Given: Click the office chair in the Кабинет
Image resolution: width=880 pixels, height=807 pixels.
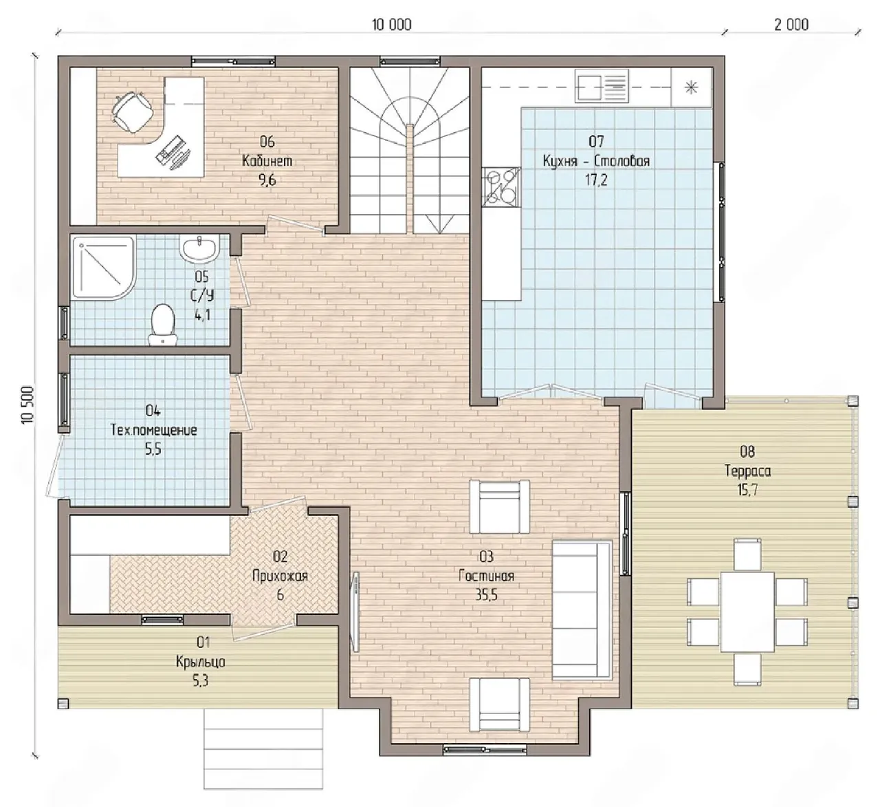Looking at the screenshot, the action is click(x=132, y=112).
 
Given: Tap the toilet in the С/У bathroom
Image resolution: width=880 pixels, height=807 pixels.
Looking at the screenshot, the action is click(x=163, y=324).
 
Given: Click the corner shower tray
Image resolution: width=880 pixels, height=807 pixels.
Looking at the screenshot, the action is click(x=104, y=268).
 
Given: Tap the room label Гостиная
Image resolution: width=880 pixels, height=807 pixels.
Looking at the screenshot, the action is click(x=486, y=576).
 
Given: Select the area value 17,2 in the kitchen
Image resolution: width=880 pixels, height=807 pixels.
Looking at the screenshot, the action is click(x=596, y=180).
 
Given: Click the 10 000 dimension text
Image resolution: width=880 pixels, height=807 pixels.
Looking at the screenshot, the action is click(x=392, y=25).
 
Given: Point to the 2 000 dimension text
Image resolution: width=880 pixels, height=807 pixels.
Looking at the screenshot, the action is click(x=791, y=25).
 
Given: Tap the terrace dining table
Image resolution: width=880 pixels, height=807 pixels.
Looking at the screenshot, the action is click(x=747, y=612).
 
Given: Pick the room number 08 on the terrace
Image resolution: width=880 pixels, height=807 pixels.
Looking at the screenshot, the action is click(x=747, y=451).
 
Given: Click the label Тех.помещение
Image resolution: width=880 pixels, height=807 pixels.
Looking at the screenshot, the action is click(x=153, y=430).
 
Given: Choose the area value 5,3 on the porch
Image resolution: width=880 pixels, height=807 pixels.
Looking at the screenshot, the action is click(x=200, y=681).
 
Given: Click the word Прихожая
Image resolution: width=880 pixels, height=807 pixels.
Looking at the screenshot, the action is click(x=280, y=576).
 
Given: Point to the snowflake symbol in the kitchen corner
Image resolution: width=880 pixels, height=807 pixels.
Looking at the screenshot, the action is click(x=692, y=87).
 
